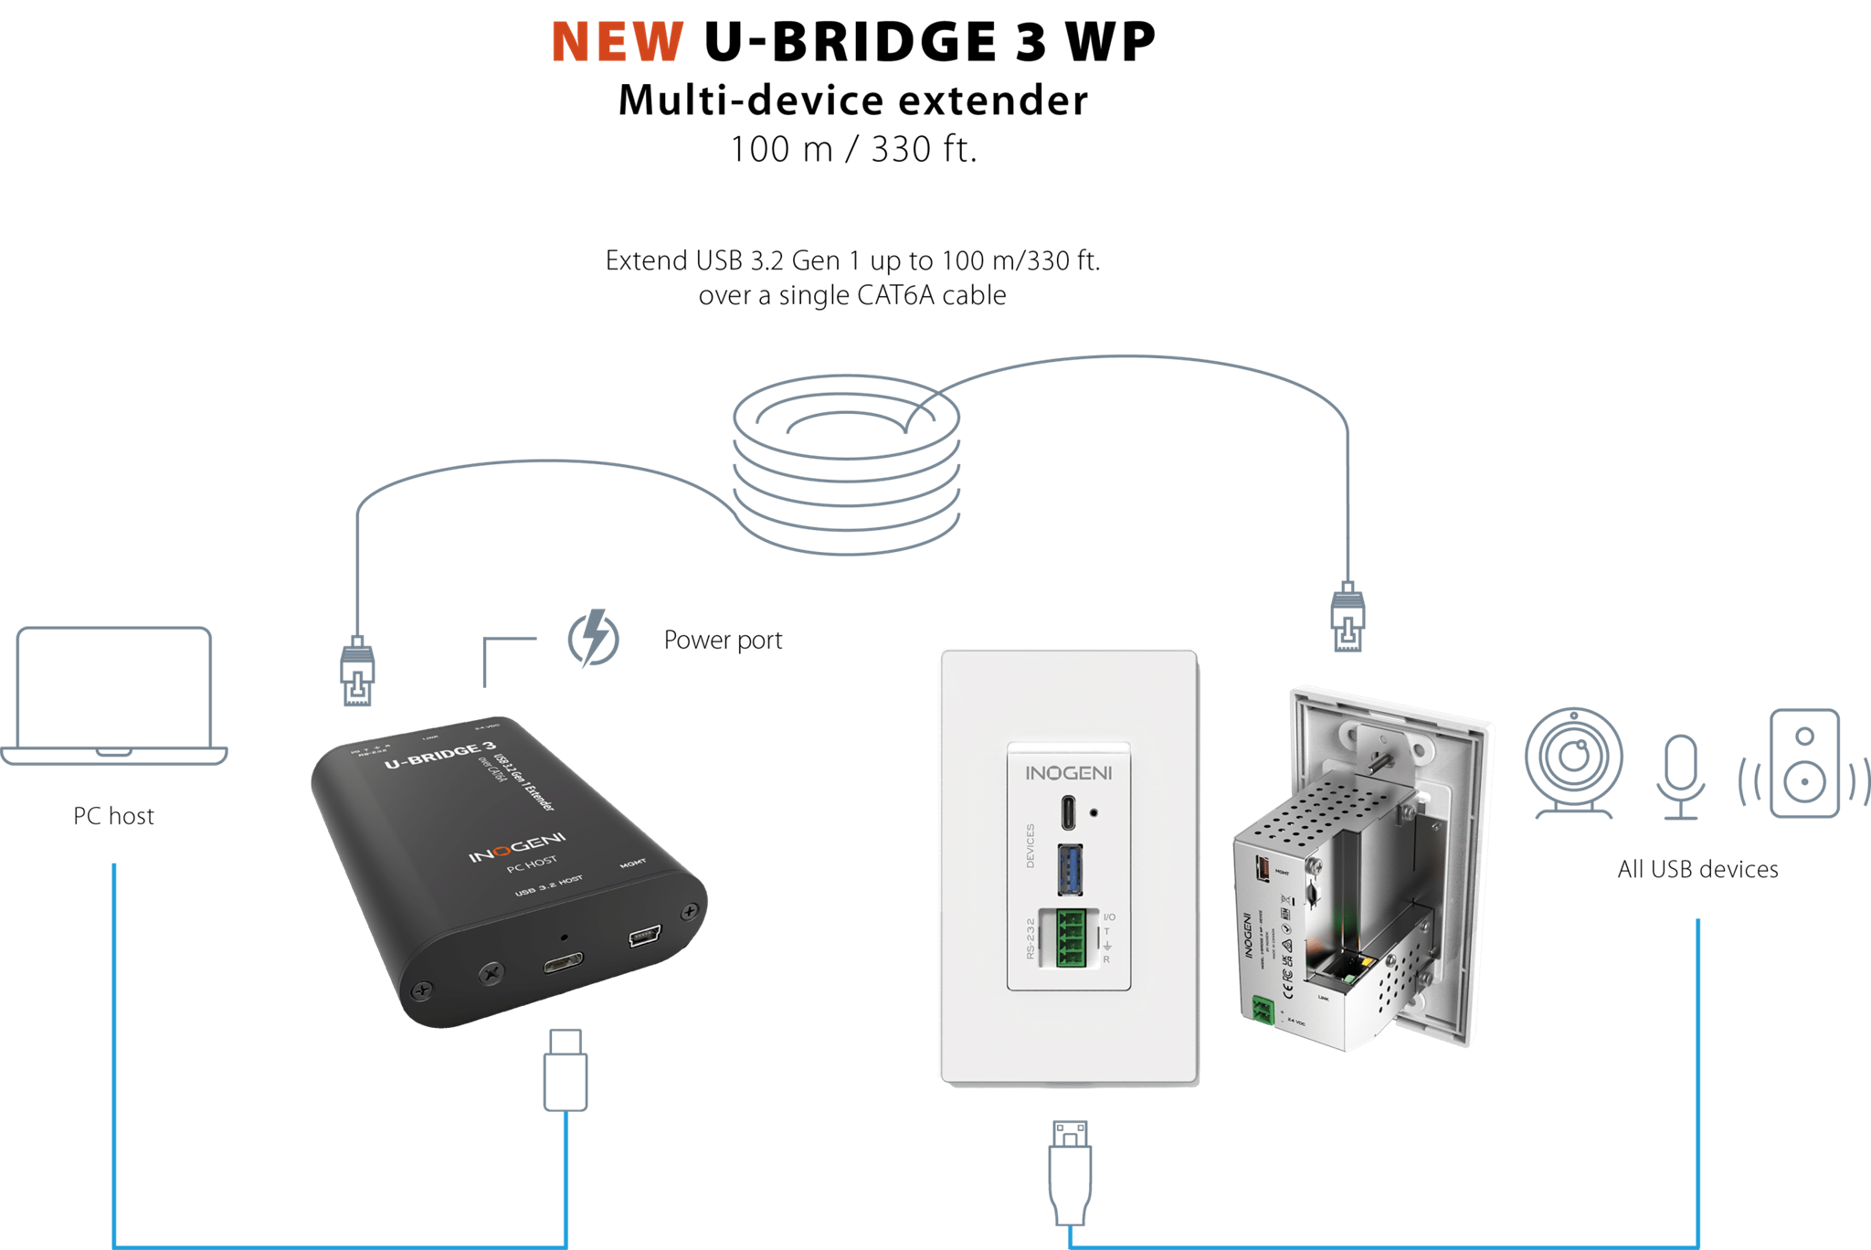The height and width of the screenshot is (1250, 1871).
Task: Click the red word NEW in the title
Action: pos(618,42)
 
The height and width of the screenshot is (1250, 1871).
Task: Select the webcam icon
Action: pos(1573,763)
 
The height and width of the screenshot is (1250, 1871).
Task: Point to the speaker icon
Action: pos(1804,763)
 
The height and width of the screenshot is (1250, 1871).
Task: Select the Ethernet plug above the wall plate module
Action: pos(1348,616)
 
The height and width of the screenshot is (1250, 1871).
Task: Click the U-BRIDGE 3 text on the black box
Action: pos(439,755)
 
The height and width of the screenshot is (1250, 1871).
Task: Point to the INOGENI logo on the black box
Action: pos(517,847)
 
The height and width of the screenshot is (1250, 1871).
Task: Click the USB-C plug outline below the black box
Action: pos(566,1069)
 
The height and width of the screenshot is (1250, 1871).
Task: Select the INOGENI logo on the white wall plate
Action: pos(1069,773)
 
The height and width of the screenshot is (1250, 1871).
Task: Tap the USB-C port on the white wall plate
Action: pos(1070,810)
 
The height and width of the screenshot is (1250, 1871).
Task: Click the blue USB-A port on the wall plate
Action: pos(1070,869)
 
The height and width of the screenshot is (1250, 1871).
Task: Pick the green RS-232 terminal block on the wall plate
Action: pos(1071,937)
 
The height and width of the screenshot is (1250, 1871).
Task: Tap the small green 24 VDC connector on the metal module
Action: pos(1263,1010)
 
